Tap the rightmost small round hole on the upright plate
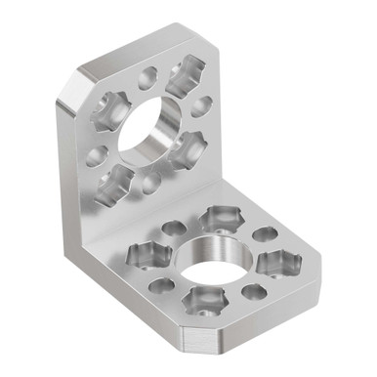[203, 105]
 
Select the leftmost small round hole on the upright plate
[96, 154]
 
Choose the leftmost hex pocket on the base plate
[147, 256]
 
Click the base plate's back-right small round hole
[264, 234]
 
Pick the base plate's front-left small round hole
[161, 286]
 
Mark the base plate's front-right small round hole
[255, 291]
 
